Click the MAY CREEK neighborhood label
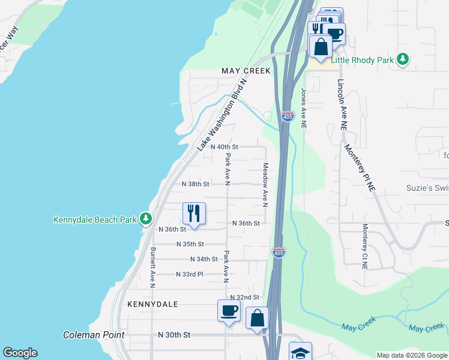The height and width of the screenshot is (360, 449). [x=246, y=71]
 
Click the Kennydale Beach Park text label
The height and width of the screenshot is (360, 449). [x=95, y=220]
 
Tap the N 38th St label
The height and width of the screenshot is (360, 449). [x=195, y=184]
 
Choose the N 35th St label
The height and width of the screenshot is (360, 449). [x=190, y=244]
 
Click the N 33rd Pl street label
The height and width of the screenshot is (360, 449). [x=190, y=274]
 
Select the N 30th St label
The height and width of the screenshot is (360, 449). [x=174, y=334]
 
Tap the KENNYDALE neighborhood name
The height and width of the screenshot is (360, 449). [x=152, y=304]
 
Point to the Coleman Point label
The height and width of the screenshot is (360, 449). [x=94, y=335]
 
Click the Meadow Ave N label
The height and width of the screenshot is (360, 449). [x=265, y=184]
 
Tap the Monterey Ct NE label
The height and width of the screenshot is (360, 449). [x=364, y=245]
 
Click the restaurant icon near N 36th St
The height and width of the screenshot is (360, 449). [x=194, y=213]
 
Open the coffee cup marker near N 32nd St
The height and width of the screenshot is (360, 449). [x=229, y=311]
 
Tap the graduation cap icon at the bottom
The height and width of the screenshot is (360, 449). [x=300, y=352]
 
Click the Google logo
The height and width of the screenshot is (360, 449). [x=20, y=353]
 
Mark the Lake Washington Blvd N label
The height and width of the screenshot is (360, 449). [x=222, y=115]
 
